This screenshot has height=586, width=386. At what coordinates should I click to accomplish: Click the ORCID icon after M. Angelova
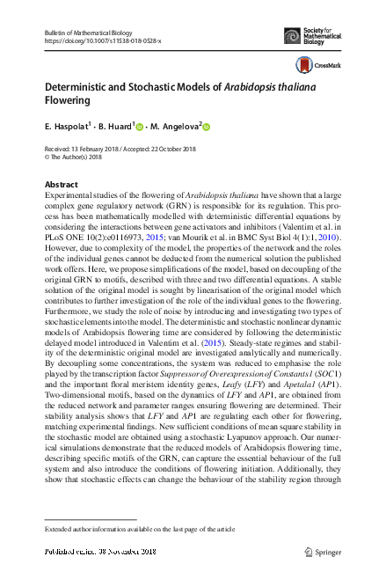(208, 128)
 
